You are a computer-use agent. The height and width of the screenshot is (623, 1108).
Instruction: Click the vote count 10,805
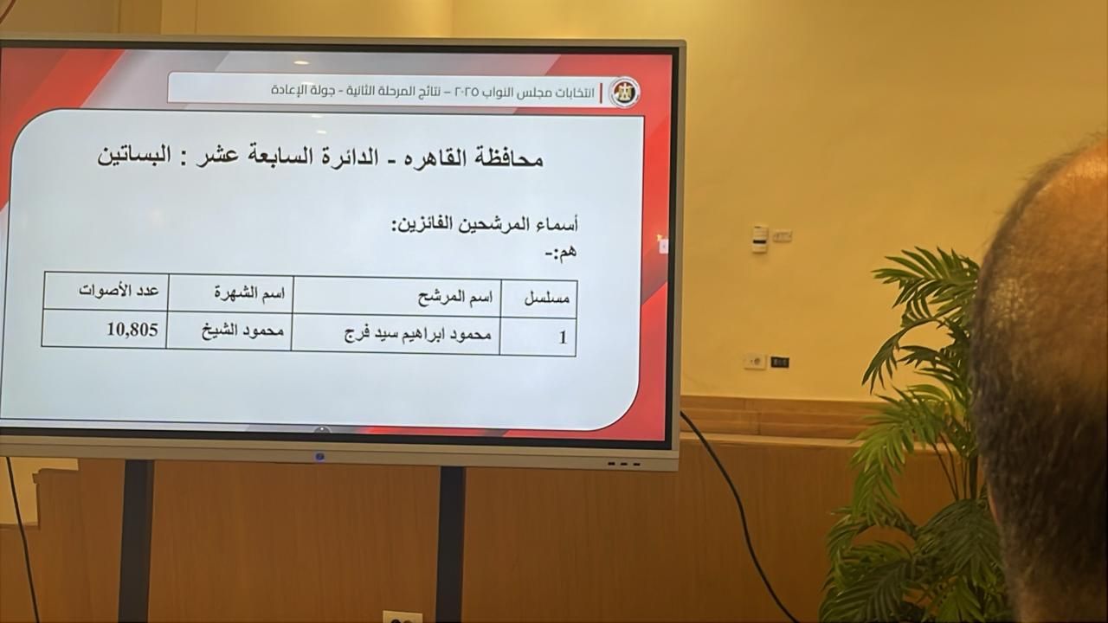click(x=132, y=330)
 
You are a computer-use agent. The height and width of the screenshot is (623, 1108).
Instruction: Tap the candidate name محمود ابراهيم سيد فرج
click(x=418, y=335)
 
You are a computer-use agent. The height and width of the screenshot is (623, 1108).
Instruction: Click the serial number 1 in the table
click(x=563, y=337)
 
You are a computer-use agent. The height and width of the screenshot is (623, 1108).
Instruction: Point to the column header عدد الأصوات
click(x=119, y=291)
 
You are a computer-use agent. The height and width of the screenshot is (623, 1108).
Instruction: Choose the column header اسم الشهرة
click(x=249, y=292)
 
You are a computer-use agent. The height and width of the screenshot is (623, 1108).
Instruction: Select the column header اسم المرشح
click(x=455, y=297)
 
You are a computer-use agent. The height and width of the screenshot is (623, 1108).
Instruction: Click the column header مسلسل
click(x=546, y=299)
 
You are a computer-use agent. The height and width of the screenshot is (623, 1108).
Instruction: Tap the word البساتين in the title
click(x=134, y=155)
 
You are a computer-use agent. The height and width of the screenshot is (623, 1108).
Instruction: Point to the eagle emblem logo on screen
click(x=625, y=92)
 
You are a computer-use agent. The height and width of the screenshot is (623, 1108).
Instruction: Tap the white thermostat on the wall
click(x=759, y=239)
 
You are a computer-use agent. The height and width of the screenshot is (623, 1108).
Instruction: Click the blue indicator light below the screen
click(x=320, y=456)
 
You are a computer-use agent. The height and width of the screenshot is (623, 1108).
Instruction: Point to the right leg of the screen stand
click(x=451, y=544)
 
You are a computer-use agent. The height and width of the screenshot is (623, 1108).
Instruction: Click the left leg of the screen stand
click(x=136, y=542)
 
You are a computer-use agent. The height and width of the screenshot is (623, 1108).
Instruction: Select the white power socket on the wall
click(x=755, y=362)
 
